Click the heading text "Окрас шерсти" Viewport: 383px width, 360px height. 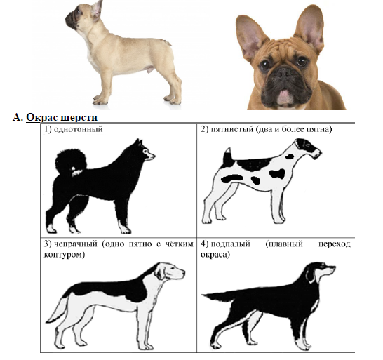pos(62,118)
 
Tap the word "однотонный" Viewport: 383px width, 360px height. pos(78,129)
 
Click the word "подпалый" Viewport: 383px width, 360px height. pos(230,244)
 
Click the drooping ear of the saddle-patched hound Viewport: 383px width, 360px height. pos(161,272)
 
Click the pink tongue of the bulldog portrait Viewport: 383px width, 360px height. pos(285,97)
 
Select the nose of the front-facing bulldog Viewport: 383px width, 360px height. pos(283,72)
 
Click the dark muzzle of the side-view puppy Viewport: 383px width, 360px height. pos(72,20)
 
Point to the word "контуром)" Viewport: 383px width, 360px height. pos(65,255)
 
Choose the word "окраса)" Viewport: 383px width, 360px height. pos(215,255)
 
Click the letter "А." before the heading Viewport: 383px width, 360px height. pos(18,117)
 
